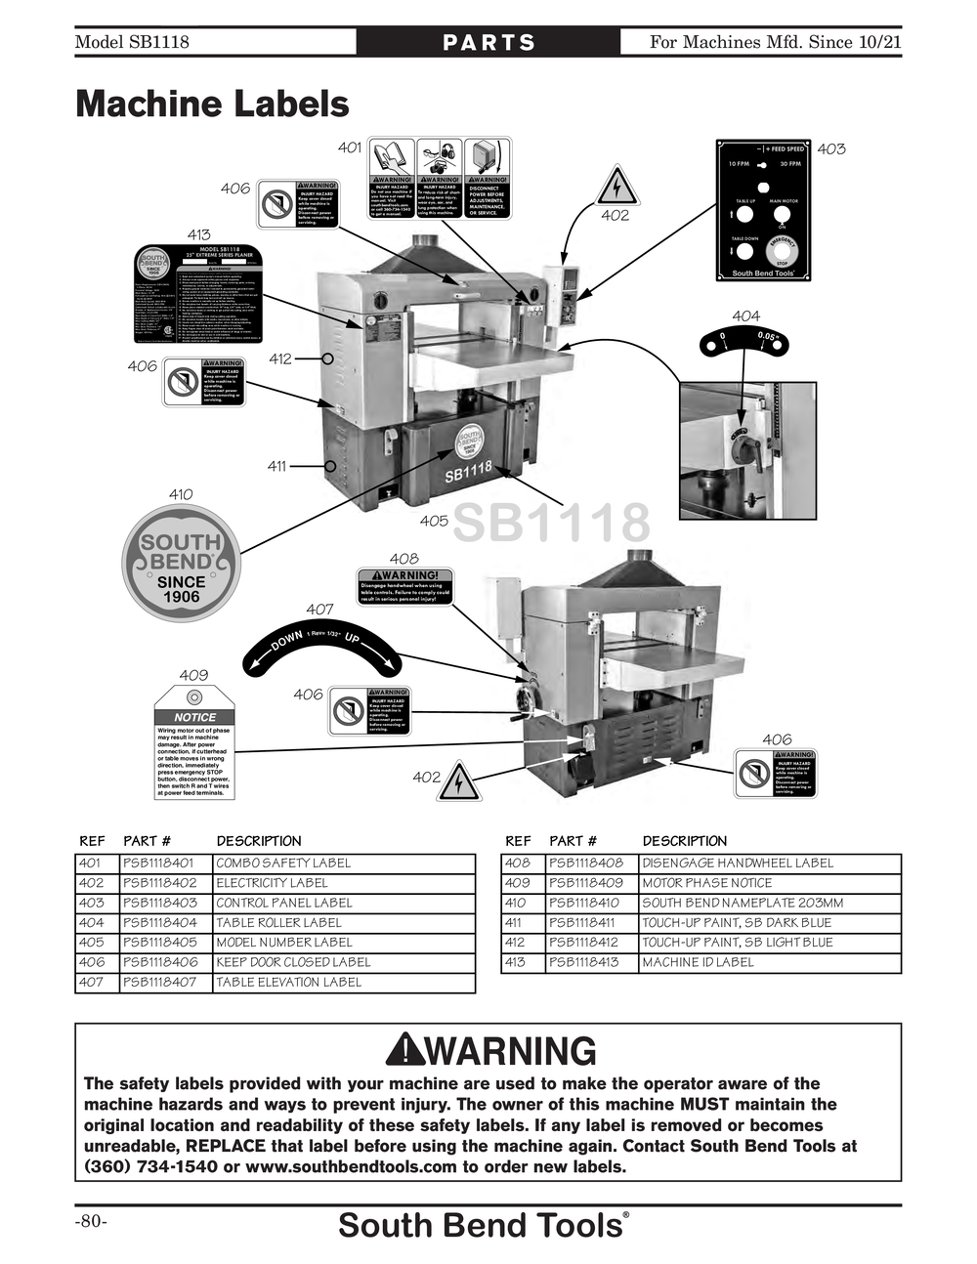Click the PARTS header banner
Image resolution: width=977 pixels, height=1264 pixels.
(x=488, y=42)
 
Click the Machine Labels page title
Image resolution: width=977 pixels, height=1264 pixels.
(x=212, y=105)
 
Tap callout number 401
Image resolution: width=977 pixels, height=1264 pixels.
(x=350, y=147)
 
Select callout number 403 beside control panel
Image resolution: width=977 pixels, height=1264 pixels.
(x=831, y=148)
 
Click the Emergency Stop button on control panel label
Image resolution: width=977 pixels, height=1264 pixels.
(x=782, y=251)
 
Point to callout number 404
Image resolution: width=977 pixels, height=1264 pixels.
(x=745, y=316)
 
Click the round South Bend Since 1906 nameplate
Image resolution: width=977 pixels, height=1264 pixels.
(x=181, y=563)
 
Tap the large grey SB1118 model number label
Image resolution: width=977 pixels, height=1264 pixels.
(x=551, y=523)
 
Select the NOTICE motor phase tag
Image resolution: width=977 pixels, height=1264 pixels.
(x=194, y=741)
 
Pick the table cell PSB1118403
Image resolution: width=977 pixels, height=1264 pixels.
(x=161, y=903)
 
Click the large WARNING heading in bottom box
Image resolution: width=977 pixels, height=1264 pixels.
(x=490, y=1051)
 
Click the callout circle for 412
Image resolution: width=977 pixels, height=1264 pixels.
(x=328, y=358)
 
